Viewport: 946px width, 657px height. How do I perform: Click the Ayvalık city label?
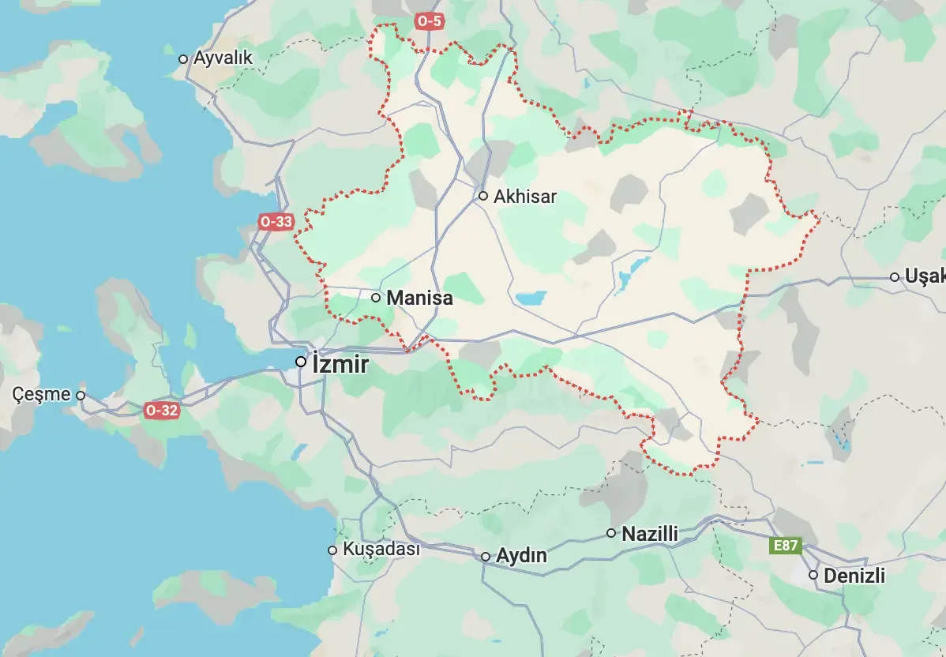click(x=223, y=58)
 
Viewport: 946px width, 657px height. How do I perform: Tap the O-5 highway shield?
click(x=429, y=21)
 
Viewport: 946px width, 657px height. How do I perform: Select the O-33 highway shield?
click(x=276, y=222)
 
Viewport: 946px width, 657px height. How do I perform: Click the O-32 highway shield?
click(x=162, y=410)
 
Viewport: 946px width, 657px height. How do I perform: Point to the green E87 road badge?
click(x=786, y=545)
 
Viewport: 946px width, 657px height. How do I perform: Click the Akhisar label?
click(x=525, y=197)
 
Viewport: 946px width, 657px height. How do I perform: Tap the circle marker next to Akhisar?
click(x=483, y=196)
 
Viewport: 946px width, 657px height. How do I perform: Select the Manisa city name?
click(x=420, y=298)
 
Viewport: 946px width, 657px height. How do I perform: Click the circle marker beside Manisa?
click(x=376, y=298)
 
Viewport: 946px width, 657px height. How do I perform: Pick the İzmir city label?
click(x=340, y=364)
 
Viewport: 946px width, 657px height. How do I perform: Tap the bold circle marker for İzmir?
click(x=301, y=362)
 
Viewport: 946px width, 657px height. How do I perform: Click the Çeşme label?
click(x=42, y=394)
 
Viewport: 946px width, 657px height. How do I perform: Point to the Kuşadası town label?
click(x=381, y=550)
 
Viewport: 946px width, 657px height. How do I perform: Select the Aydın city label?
click(x=521, y=556)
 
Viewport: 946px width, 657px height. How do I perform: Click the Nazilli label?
click(x=650, y=534)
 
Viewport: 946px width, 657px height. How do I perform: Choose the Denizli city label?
click(x=854, y=576)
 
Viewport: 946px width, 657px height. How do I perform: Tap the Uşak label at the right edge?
click(x=925, y=276)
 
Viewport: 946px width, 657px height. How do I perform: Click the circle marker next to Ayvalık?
click(x=183, y=58)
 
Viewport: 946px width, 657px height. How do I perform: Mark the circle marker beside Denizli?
click(x=813, y=575)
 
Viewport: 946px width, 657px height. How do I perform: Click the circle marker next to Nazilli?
click(x=611, y=533)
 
